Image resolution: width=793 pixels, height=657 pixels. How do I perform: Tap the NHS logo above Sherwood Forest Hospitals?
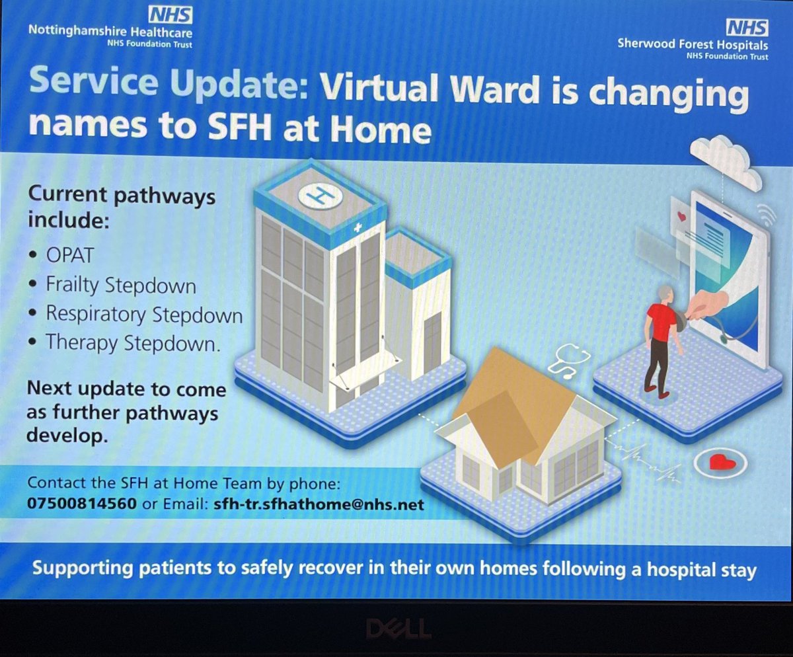747,26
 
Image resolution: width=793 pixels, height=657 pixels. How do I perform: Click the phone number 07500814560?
82,504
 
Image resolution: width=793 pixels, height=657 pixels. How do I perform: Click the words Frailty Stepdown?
121,286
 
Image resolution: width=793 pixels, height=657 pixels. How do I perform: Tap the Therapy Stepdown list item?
132,342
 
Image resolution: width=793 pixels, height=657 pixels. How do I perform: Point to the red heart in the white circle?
717,463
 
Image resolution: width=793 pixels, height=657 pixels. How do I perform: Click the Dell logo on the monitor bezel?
397,627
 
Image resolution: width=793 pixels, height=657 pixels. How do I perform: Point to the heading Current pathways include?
121,207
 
